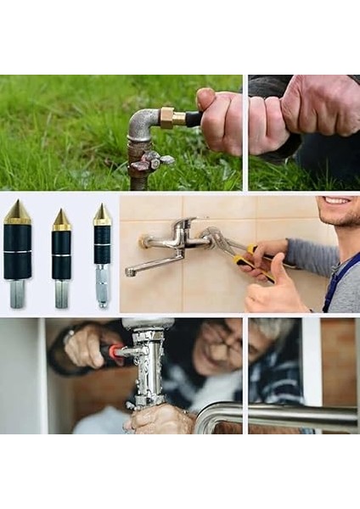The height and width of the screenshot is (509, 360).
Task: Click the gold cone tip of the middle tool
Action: point(61,220)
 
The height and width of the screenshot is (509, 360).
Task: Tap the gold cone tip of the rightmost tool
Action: point(102,215)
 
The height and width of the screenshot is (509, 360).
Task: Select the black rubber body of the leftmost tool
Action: point(17,251)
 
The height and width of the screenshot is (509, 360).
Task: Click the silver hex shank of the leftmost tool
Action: point(17,293)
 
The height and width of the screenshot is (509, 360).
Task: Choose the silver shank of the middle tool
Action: point(61,293)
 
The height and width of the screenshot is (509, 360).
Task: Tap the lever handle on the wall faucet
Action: point(182,228)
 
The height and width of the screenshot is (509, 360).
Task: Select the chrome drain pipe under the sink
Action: point(149,365)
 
